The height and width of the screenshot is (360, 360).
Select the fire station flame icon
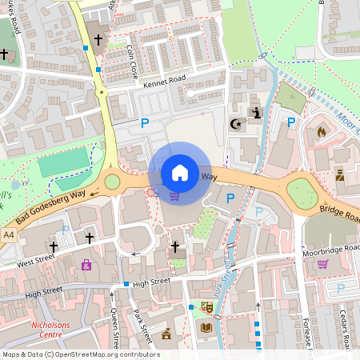(x=322, y=131)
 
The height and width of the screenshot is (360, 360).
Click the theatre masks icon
(x=206, y=306)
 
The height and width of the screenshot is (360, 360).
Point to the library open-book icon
(x=206, y=327)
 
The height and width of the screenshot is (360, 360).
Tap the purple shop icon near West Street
(x=86, y=265)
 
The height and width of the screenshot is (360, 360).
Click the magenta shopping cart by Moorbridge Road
(x=322, y=264)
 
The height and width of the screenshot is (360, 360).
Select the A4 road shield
(x=8, y=235)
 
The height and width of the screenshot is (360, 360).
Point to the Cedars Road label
(x=345, y=328)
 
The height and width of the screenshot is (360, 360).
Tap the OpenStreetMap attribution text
(x=80, y=354)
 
